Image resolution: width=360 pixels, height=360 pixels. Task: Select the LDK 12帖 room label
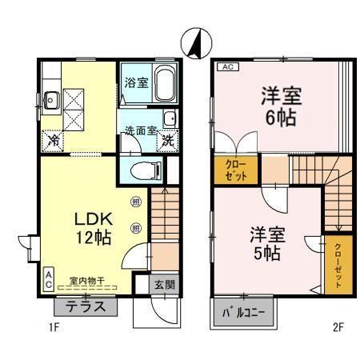click(x=93, y=228)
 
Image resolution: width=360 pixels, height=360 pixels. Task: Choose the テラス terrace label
click(x=86, y=306)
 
